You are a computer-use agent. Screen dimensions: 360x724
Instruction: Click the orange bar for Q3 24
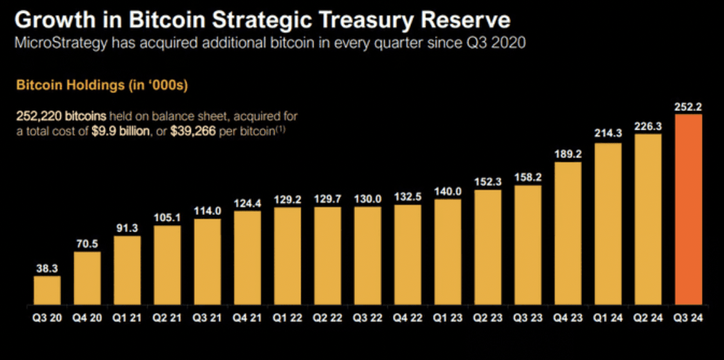(x=688, y=210)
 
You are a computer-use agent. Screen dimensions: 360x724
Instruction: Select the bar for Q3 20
(x=47, y=290)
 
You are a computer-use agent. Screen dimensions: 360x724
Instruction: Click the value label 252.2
(x=688, y=107)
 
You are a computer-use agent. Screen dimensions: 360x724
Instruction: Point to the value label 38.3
(x=47, y=269)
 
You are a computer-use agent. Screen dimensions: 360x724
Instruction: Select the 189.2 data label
(x=568, y=155)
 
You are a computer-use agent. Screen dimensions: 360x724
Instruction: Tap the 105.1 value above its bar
(x=167, y=218)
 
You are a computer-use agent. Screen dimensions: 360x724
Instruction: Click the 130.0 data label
(x=367, y=199)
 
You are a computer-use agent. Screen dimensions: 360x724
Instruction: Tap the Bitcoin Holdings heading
(x=101, y=85)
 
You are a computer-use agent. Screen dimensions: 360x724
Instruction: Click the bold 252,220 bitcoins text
(x=59, y=116)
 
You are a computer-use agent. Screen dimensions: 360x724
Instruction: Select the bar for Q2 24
(x=648, y=219)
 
